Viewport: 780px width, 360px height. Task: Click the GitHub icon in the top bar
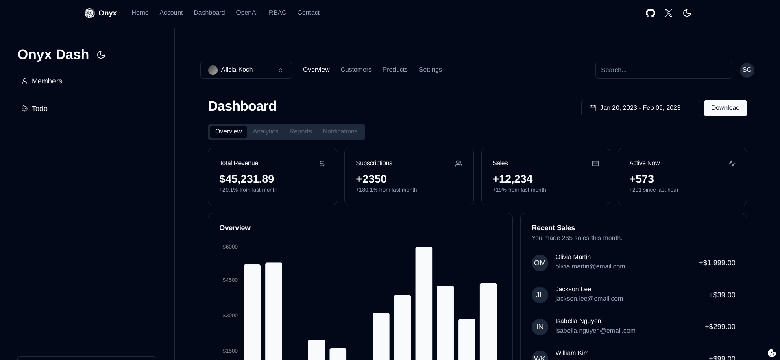(x=650, y=13)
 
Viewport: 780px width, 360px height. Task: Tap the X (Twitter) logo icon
(x=669, y=13)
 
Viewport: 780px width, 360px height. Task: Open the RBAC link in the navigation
(x=277, y=13)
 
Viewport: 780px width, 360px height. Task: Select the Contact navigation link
(x=308, y=13)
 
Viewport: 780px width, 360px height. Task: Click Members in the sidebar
(x=46, y=81)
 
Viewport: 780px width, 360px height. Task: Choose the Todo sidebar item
(x=39, y=109)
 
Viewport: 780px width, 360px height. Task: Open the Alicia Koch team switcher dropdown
(x=246, y=70)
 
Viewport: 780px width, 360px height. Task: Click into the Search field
(x=663, y=70)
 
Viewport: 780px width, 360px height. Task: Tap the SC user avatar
(x=747, y=70)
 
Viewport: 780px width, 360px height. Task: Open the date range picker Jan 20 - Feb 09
(x=640, y=108)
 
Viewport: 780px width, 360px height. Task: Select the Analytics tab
(x=266, y=131)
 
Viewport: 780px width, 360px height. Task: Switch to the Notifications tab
(x=340, y=131)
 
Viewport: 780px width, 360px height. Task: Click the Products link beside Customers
(x=395, y=70)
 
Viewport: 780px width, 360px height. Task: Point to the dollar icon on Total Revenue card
(x=322, y=164)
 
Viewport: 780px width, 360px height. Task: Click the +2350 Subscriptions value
(x=371, y=179)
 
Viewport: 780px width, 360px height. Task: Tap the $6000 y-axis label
(x=230, y=247)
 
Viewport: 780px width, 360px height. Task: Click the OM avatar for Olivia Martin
(x=540, y=263)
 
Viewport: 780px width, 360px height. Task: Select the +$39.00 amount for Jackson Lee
(x=722, y=295)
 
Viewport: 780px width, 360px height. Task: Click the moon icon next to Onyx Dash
(x=101, y=55)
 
